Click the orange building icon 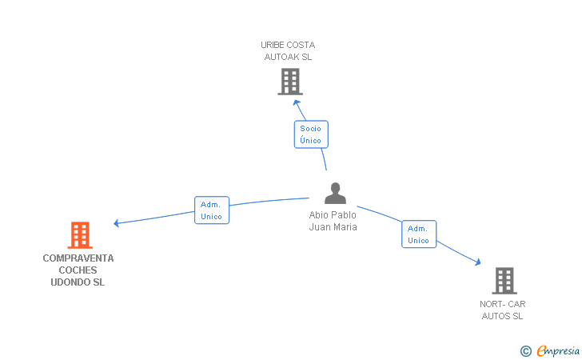(x=80, y=235)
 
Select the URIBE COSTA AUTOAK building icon (x=290, y=82)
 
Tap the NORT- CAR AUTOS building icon (x=504, y=281)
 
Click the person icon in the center (x=336, y=194)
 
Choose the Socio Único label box (x=310, y=134)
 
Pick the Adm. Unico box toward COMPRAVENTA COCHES (x=212, y=210)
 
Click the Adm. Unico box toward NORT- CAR (x=419, y=234)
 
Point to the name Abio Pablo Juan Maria (x=333, y=221)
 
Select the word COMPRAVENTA (x=78, y=258)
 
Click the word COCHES (x=78, y=270)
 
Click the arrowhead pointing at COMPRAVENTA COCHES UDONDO (x=117, y=223)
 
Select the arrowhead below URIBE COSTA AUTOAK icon (x=297, y=102)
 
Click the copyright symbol (x=525, y=350)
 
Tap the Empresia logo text (x=558, y=350)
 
